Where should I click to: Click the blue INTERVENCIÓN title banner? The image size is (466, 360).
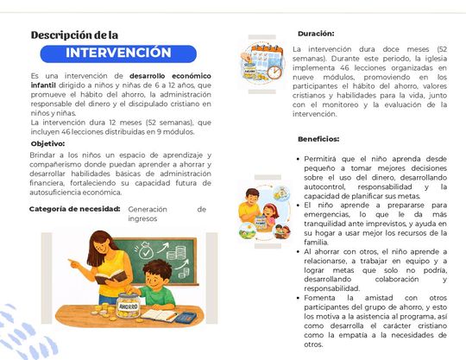point(118,53)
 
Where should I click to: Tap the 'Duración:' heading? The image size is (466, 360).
point(316,33)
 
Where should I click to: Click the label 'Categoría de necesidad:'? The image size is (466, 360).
point(74,209)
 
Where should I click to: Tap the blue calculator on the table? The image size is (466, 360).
point(186,317)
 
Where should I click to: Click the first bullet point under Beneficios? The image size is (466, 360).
point(296,160)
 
